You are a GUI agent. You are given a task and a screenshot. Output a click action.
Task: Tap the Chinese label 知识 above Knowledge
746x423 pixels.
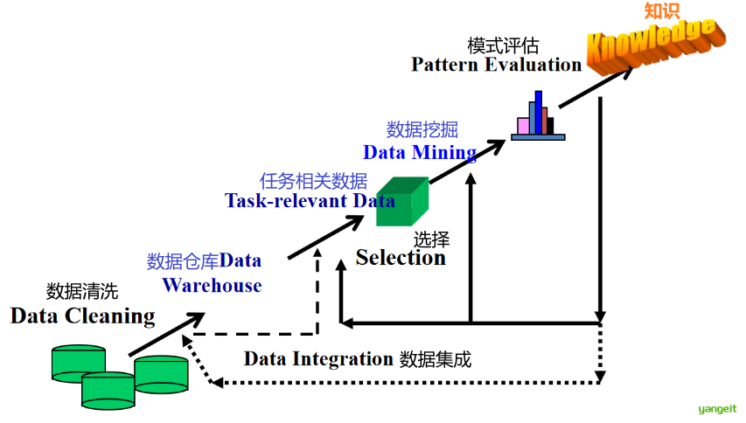661,11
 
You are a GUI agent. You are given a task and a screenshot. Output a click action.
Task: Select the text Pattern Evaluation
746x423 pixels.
496,65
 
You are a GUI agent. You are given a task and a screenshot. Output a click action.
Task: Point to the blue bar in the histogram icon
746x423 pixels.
539,112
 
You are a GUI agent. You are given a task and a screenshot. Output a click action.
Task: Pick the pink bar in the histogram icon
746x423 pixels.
523,126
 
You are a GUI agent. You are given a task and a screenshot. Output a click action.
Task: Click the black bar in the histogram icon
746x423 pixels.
551,126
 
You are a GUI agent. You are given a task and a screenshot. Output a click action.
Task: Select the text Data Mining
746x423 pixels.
420,153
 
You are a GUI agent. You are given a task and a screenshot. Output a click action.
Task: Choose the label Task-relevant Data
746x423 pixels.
310,200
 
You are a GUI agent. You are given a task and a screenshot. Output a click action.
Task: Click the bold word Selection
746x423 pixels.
401,258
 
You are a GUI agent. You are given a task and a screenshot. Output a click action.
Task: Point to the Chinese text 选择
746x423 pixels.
431,239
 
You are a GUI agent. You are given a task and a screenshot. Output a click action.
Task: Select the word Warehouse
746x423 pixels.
212,285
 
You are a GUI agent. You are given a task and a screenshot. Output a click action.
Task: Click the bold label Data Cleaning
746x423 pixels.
82,316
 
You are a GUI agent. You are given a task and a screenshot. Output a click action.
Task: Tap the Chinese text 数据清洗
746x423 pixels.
81,292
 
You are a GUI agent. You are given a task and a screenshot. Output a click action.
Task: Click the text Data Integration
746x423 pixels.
318,358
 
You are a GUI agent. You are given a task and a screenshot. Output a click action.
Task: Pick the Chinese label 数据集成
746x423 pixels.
436,358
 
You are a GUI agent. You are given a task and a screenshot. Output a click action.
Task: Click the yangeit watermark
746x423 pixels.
717,408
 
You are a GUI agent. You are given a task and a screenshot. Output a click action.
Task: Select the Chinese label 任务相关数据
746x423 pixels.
314,181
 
